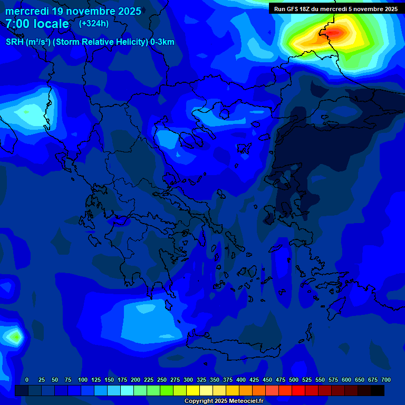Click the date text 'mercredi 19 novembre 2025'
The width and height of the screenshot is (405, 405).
(x=73, y=11)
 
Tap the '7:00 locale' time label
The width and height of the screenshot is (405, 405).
(x=37, y=24)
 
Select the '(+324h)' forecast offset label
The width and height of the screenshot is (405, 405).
(x=94, y=23)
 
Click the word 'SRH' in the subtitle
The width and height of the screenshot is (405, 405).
(x=15, y=42)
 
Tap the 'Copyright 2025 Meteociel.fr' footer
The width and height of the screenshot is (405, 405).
(x=224, y=401)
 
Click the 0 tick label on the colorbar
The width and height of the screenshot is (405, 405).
(x=27, y=380)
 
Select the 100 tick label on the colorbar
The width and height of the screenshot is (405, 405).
(x=83, y=380)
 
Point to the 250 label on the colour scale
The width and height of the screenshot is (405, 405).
(x=162, y=380)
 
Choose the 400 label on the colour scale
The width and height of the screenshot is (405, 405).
(x=241, y=380)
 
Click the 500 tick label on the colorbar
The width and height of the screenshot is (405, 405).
(x=294, y=380)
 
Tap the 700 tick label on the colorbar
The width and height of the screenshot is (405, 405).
(x=386, y=380)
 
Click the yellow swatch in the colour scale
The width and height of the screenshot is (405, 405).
(x=193, y=390)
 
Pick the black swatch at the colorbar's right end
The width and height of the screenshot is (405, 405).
(x=378, y=390)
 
